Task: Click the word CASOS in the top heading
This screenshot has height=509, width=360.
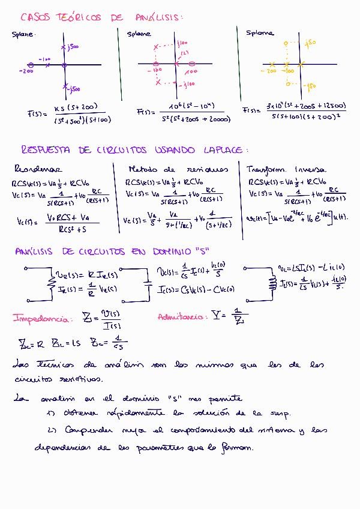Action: (35, 17)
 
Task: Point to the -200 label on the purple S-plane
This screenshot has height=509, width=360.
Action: (26, 71)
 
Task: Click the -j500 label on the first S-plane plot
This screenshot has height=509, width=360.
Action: (74, 89)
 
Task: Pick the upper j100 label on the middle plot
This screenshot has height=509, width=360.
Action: (184, 44)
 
